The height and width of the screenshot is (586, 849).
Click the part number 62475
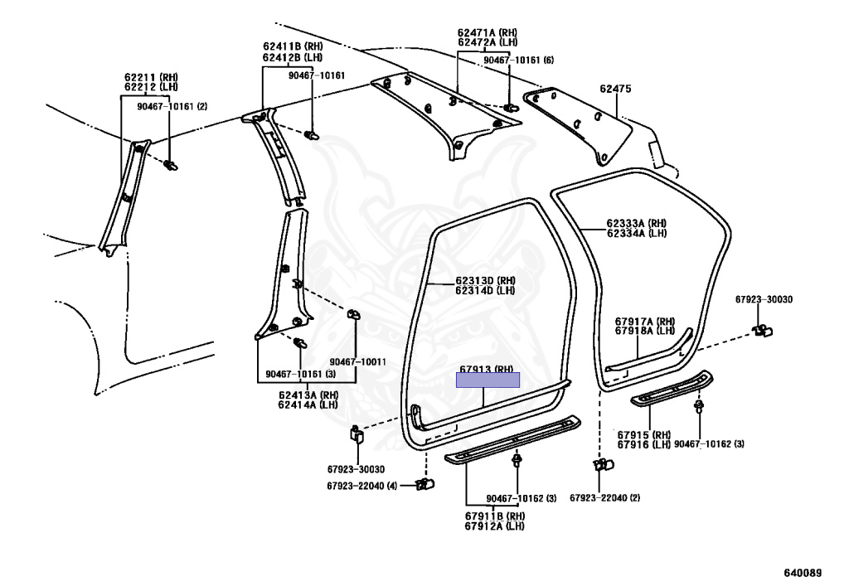616,87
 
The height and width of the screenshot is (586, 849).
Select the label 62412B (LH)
293,58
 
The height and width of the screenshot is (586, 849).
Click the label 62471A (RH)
487,32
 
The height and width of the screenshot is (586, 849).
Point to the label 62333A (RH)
636,223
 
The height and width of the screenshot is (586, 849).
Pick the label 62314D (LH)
485,291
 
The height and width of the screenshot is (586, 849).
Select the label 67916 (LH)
643,444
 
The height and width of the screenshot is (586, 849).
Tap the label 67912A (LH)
494,526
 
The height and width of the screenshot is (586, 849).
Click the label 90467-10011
357,362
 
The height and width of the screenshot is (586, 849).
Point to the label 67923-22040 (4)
361,485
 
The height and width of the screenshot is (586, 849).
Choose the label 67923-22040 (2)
604,497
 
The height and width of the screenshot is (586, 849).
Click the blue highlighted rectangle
488,380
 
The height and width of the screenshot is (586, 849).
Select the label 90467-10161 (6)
519,61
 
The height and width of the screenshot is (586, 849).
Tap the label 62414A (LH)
308,404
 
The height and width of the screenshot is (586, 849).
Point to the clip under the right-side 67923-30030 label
762,332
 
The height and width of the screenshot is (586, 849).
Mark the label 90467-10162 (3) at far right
709,444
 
